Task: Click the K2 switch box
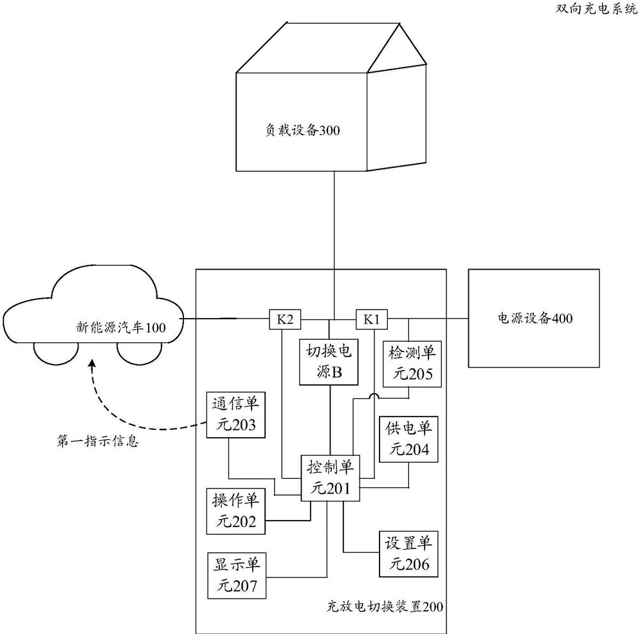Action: pos(284,318)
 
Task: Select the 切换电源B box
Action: pos(329,362)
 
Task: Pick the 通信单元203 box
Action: pos(234,415)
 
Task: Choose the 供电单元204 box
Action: pos(407,437)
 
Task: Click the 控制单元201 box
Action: pos(329,477)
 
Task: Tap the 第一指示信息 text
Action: pos(96,442)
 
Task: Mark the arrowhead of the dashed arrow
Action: pos(94,364)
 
